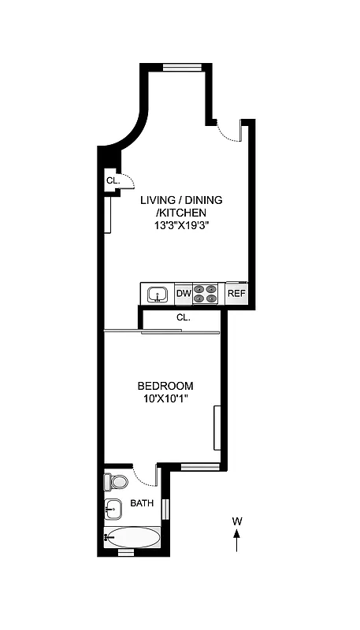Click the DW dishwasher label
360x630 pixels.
[x=183, y=294]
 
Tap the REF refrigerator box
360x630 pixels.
[x=236, y=294]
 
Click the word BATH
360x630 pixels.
[x=142, y=503]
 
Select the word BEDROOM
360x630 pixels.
[x=165, y=386]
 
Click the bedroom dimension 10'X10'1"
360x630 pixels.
[x=165, y=398]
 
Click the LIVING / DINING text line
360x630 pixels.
[x=181, y=200]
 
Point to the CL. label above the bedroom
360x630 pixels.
[x=184, y=317]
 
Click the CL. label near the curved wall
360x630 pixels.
[x=113, y=180]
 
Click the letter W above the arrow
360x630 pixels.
[x=236, y=521]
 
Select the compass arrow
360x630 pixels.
[x=236, y=542]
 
